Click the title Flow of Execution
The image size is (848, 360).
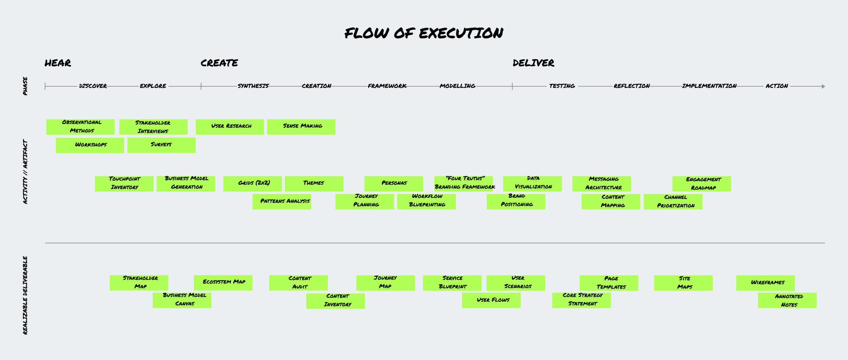pos(424,33)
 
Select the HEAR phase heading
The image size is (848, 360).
pos(58,63)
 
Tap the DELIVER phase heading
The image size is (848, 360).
pos(533,63)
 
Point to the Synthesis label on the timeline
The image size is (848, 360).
pos(253,86)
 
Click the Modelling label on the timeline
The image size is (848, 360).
pos(457,86)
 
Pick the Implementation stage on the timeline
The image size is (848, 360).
pos(709,86)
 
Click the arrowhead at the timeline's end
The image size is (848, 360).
pos(823,87)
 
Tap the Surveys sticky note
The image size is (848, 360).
pos(161,145)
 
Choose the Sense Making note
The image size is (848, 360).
pos(301,127)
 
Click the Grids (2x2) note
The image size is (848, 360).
pos(252,184)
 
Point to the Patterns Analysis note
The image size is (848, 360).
pos(282,202)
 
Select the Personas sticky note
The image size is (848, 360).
pos(393,184)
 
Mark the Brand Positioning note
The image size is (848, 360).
pos(516,202)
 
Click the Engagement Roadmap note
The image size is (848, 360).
pos(701,184)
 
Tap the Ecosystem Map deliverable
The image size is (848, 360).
pos(223,283)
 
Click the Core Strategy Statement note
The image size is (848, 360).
pos(581,300)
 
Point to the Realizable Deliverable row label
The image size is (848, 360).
pos(25,295)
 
